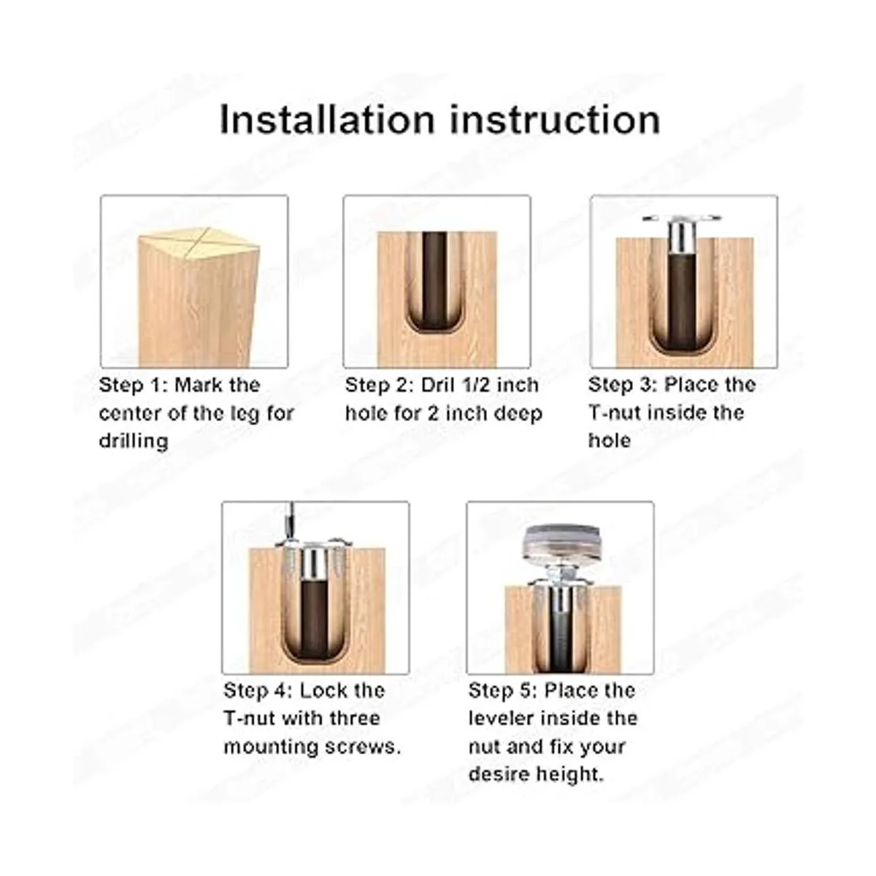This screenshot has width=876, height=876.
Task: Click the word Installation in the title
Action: [x=327, y=120]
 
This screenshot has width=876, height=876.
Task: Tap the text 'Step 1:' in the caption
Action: [x=133, y=385]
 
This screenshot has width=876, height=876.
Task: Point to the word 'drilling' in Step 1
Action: [x=134, y=442]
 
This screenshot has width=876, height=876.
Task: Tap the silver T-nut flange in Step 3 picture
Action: [x=681, y=218]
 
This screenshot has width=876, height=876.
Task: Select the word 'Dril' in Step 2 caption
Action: [x=437, y=385]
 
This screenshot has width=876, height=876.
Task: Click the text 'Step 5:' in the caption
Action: [x=503, y=691]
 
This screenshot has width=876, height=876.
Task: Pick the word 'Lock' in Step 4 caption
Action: [x=321, y=691]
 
